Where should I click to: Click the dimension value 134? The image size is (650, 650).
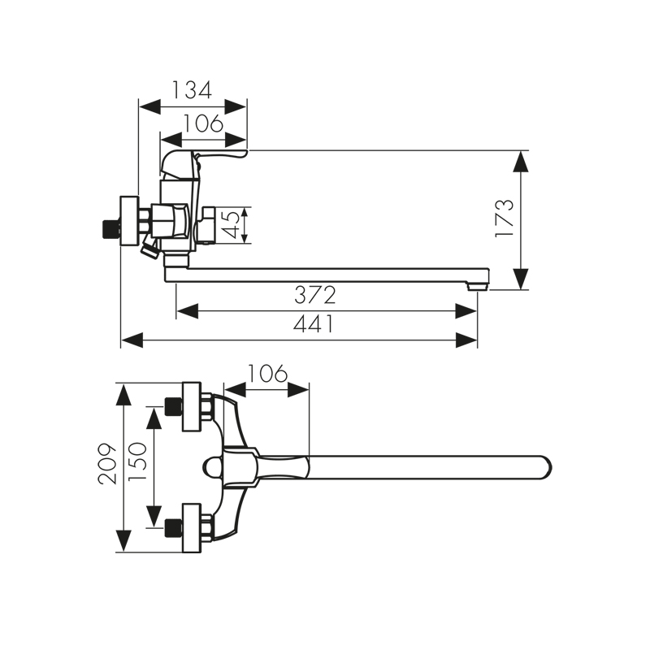coord(192,89)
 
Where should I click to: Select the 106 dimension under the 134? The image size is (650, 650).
coord(203,123)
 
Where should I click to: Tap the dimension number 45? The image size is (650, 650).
coord(232,225)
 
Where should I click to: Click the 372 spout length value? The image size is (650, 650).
coord(314,295)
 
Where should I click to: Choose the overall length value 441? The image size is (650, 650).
coord(313,324)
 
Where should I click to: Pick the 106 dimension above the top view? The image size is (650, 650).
coord(266,374)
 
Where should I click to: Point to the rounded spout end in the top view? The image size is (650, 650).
coord(544,467)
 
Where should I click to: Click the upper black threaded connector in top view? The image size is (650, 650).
coord(171,405)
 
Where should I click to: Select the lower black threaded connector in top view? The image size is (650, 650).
coord(171,528)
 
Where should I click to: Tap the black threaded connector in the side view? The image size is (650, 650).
coord(106,230)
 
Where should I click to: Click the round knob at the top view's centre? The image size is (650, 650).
coord(213,467)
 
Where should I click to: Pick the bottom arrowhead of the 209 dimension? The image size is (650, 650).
coord(123,540)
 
